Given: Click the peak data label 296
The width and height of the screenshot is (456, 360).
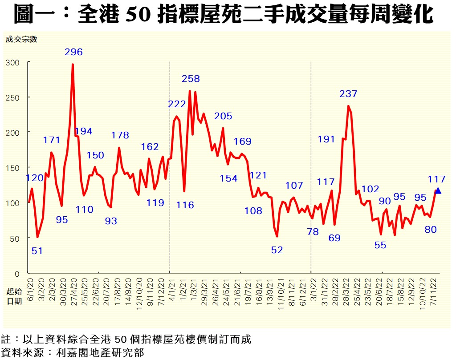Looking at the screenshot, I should click(x=73, y=52).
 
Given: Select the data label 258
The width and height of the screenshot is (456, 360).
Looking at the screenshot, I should click(x=191, y=79).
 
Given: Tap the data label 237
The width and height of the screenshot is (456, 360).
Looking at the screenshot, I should click(x=348, y=94).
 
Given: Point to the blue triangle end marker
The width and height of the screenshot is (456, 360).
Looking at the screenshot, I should click(x=438, y=190).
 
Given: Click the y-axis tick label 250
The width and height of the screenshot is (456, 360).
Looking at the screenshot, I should click(x=13, y=97).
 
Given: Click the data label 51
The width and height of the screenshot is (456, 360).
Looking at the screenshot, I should click(x=37, y=251).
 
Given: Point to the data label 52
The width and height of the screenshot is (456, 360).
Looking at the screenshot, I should click(x=277, y=250).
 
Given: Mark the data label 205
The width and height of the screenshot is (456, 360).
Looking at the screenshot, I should click(x=223, y=116).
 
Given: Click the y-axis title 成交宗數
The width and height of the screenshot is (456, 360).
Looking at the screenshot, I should click(x=21, y=39).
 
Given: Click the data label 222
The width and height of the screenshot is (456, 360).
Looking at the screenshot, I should click(x=177, y=104).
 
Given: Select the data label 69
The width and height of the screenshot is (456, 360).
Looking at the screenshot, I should click(x=334, y=238).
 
